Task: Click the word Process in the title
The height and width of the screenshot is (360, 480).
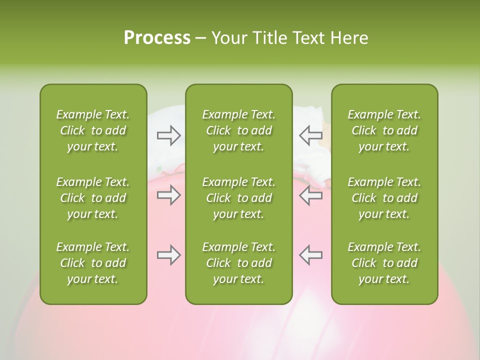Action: tap(157, 38)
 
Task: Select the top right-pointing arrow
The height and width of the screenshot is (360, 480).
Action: tap(169, 135)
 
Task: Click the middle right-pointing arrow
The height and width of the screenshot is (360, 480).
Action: tap(169, 195)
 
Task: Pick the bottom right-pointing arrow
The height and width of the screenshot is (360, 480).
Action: tap(169, 255)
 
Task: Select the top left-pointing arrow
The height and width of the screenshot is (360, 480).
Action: tap(310, 135)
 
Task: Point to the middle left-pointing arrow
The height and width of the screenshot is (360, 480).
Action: tap(310, 195)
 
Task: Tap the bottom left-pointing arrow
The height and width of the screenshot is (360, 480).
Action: tap(310, 254)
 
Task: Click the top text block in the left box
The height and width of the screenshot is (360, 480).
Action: tap(93, 130)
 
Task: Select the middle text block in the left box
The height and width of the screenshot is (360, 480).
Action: tap(93, 198)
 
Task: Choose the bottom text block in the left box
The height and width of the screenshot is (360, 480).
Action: tap(93, 263)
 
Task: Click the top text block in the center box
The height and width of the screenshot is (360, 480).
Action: tap(238, 130)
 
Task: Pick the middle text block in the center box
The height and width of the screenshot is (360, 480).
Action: tap(238, 198)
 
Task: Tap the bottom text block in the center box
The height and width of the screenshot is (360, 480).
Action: tap(238, 263)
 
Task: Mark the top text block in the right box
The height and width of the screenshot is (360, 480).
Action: tap(384, 130)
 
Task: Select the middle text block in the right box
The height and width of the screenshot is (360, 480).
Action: tap(384, 198)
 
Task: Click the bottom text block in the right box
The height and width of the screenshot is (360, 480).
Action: tap(384, 263)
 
